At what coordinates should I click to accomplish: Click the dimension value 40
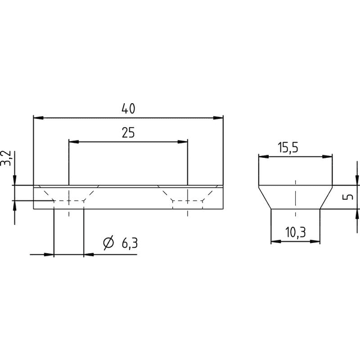pos(128,109)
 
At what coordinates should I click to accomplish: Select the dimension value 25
pos(128,133)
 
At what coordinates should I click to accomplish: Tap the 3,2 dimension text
pos(6,158)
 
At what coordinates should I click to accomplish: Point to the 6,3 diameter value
pos(130,243)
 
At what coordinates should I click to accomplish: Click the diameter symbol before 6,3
pos(109,242)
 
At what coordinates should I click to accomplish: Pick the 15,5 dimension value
pos(289,148)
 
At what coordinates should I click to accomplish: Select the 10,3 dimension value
pos(295,232)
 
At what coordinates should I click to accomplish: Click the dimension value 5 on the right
pos(349,197)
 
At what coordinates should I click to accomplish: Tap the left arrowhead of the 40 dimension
pos(38,118)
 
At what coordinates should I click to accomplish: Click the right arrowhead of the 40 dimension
pos(218,118)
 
